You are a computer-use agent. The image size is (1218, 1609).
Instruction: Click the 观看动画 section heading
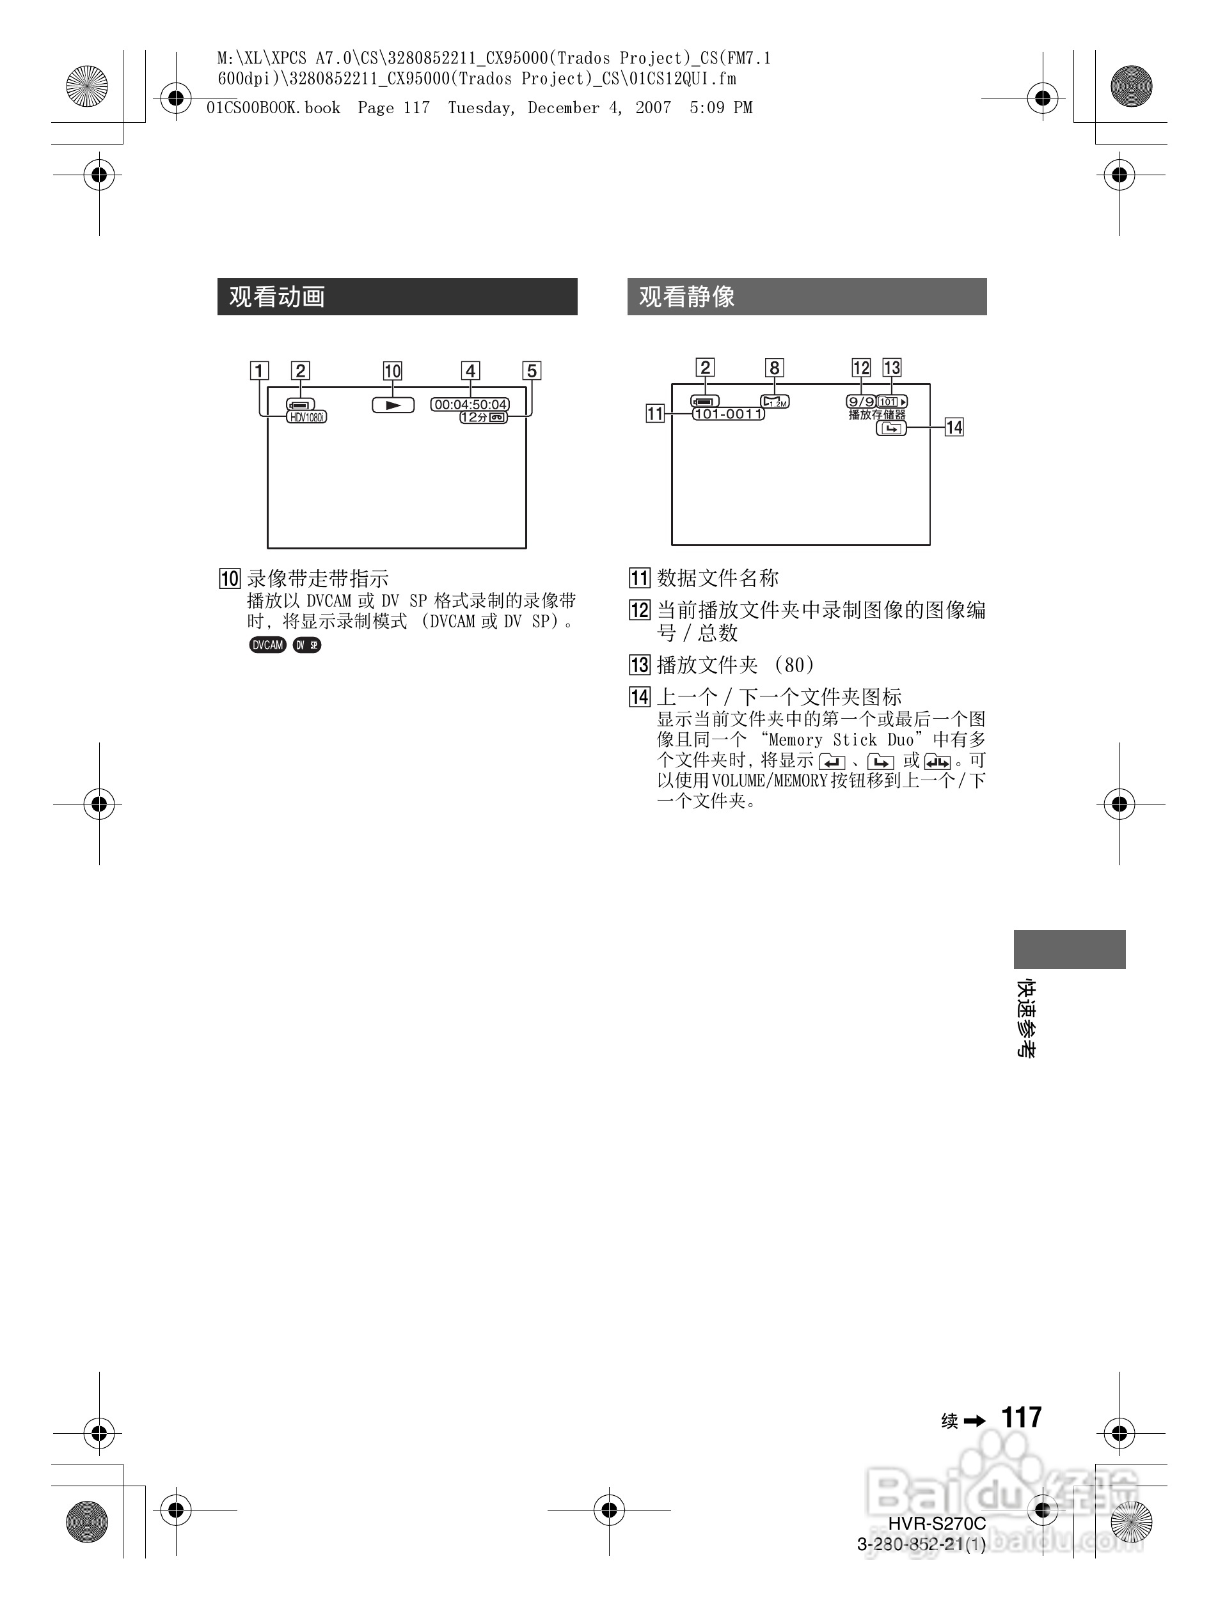(x=277, y=297)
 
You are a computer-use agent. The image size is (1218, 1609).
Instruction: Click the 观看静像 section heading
(x=687, y=297)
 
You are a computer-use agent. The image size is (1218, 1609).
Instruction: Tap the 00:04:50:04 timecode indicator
(x=471, y=404)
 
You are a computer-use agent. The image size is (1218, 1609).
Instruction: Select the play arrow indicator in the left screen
(x=393, y=405)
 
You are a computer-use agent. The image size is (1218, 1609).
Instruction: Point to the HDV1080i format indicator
(x=307, y=418)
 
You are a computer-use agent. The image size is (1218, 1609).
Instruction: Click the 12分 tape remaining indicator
(x=483, y=418)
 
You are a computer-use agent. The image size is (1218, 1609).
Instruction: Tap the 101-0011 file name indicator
(x=729, y=414)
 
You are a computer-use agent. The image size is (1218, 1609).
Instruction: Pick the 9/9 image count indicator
(x=861, y=402)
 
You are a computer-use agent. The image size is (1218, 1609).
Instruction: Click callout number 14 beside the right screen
(x=954, y=427)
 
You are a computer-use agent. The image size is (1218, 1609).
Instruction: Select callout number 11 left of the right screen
(x=655, y=414)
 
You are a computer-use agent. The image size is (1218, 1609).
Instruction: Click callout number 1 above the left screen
(x=258, y=371)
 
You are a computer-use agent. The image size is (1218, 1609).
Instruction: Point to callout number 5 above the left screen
(x=532, y=371)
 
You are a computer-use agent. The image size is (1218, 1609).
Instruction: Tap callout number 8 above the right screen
(x=775, y=368)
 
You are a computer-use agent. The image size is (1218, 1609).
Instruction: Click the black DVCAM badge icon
(x=268, y=645)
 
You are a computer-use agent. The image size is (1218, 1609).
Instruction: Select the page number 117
(x=1022, y=1418)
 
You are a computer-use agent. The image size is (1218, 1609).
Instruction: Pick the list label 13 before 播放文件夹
(x=640, y=665)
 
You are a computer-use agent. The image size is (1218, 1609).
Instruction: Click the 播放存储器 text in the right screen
(x=877, y=414)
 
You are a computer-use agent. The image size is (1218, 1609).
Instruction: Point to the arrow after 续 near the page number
(x=974, y=1420)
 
